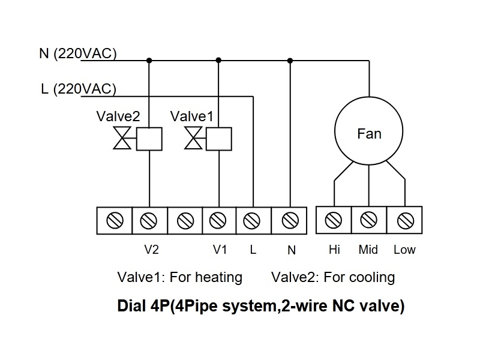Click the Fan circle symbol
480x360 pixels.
pyautogui.click(x=368, y=133)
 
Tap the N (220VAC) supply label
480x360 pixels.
pyautogui.click(x=77, y=53)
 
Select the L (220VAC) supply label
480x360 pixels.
pyautogui.click(x=78, y=89)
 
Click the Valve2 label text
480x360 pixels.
pyautogui.click(x=118, y=116)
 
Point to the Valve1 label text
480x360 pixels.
pyautogui.click(x=191, y=116)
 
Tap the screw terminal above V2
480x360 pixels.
pyautogui.click(x=149, y=221)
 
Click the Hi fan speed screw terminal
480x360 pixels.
pyautogui.click(x=334, y=221)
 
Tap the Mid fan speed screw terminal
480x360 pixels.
pyautogui.click(x=368, y=221)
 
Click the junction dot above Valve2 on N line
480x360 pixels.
pyautogui.click(x=149, y=60)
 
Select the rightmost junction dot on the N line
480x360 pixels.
pyautogui.click(x=290, y=60)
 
